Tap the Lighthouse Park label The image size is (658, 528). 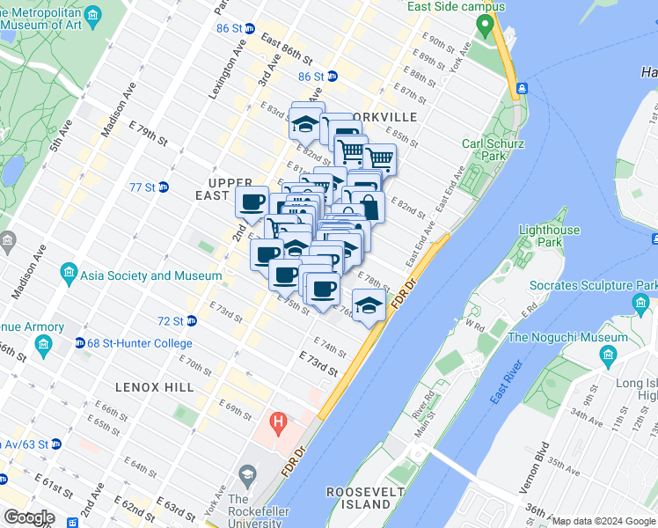coord(550,236)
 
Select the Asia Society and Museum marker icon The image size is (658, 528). coord(69,275)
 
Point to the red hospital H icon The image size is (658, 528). coord(279,424)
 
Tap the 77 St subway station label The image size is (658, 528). coord(142,187)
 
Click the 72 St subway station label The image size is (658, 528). coord(171,321)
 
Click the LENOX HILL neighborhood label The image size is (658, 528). coord(152,387)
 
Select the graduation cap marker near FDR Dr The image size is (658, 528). coord(370,307)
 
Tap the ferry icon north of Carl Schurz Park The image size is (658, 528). coord(522,88)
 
